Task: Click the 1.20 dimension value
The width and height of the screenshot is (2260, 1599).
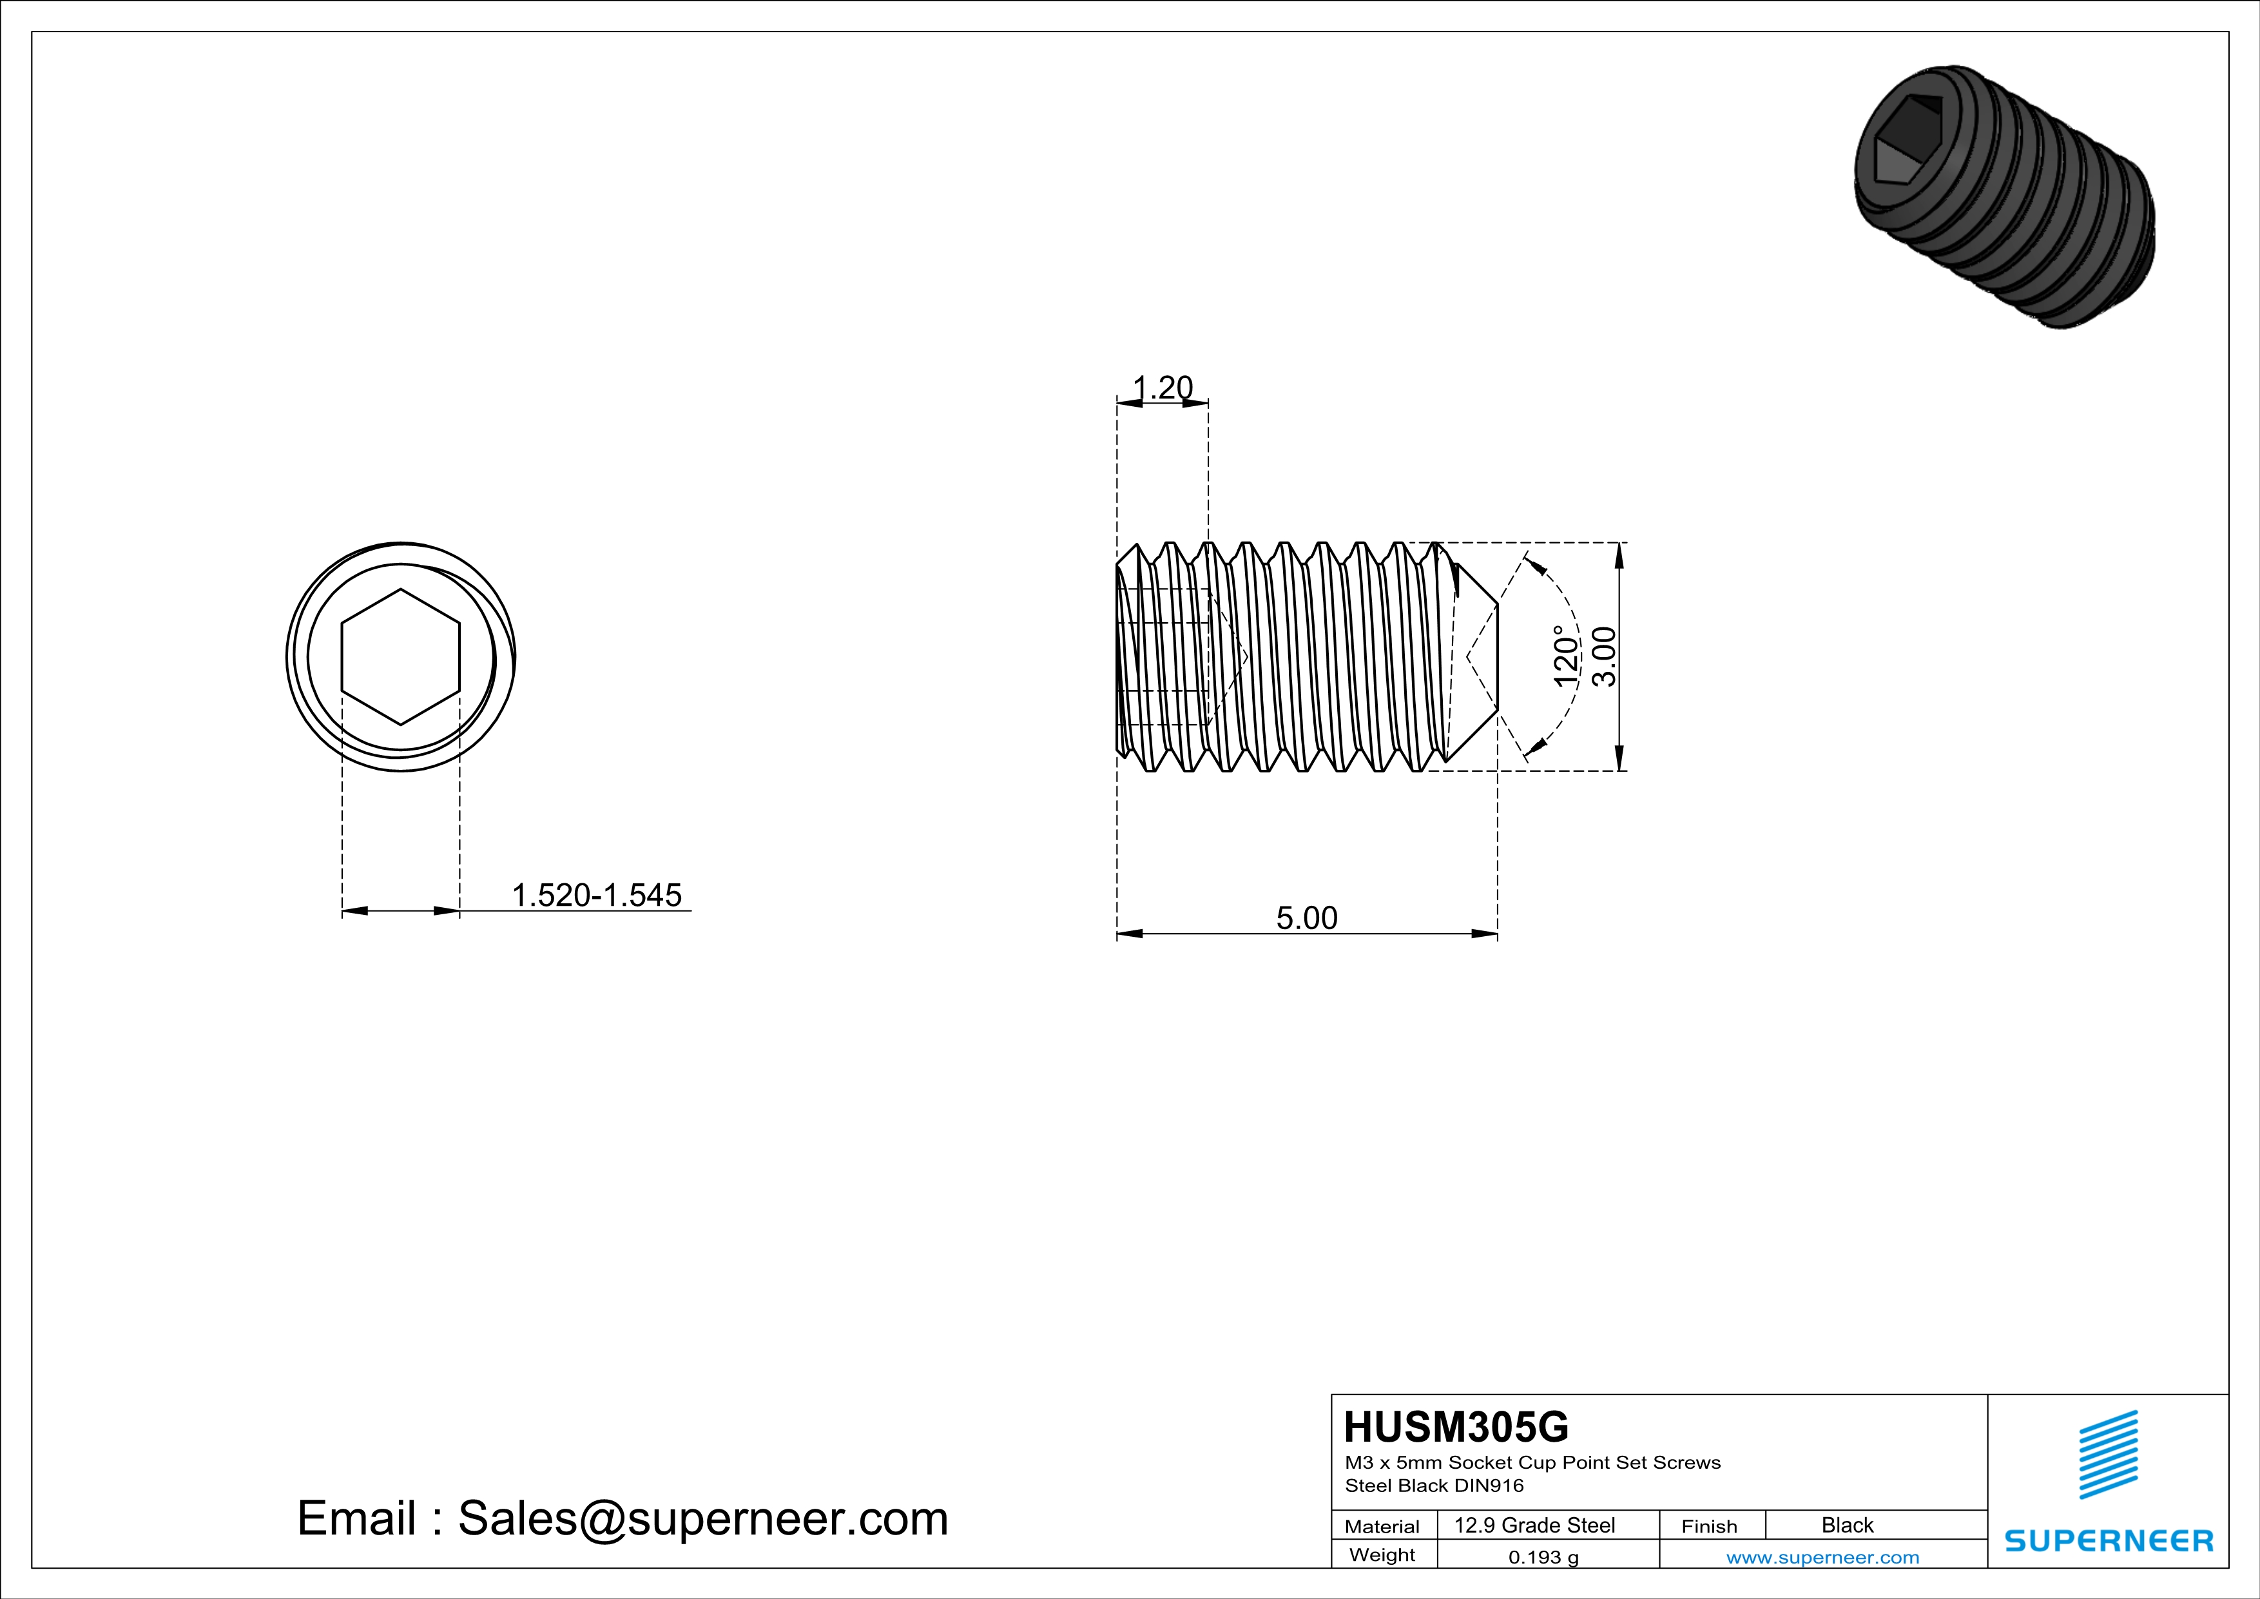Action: pyautogui.click(x=1163, y=388)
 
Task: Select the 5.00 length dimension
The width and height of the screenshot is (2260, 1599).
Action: pyautogui.click(x=1306, y=917)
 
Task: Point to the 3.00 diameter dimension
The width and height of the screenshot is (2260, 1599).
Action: pyautogui.click(x=1603, y=657)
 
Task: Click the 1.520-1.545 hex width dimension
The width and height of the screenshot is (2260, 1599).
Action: pyautogui.click(x=597, y=895)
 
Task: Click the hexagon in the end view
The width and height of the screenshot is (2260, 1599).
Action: pyautogui.click(x=401, y=657)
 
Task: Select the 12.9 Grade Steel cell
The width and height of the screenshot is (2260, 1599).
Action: pyautogui.click(x=1534, y=1525)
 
